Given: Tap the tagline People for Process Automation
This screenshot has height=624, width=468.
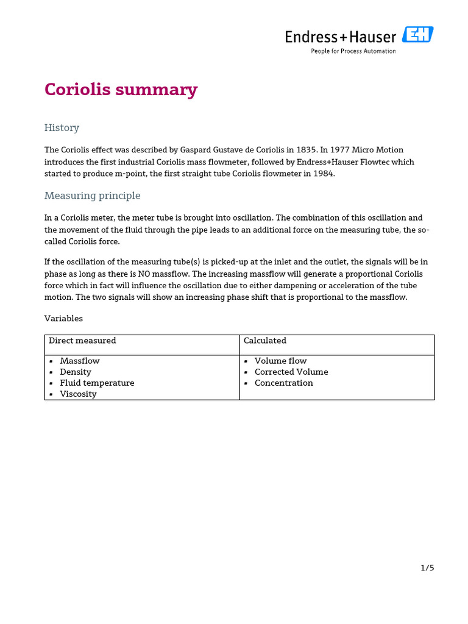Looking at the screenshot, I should tap(353, 51).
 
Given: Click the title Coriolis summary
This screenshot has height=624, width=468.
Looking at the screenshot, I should tap(121, 90).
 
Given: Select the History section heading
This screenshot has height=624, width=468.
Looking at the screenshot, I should tap(62, 128).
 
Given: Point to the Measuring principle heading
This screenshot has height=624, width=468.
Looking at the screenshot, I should tap(92, 196).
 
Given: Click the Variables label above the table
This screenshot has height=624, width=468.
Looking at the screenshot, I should tap(63, 319).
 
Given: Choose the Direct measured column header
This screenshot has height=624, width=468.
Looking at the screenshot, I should tap(82, 341).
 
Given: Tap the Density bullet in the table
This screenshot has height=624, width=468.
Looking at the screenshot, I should tap(76, 372).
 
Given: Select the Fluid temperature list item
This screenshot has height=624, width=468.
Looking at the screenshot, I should tap(97, 383).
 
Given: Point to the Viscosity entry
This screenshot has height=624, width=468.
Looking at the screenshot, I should tap(78, 394).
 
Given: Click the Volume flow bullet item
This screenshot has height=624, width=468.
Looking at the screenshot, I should tap(280, 361).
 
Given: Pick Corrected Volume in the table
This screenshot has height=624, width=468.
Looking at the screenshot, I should tap(291, 372).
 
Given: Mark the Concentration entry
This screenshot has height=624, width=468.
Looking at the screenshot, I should tap(283, 383).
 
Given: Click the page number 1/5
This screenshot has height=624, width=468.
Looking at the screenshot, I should tap(427, 568).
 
